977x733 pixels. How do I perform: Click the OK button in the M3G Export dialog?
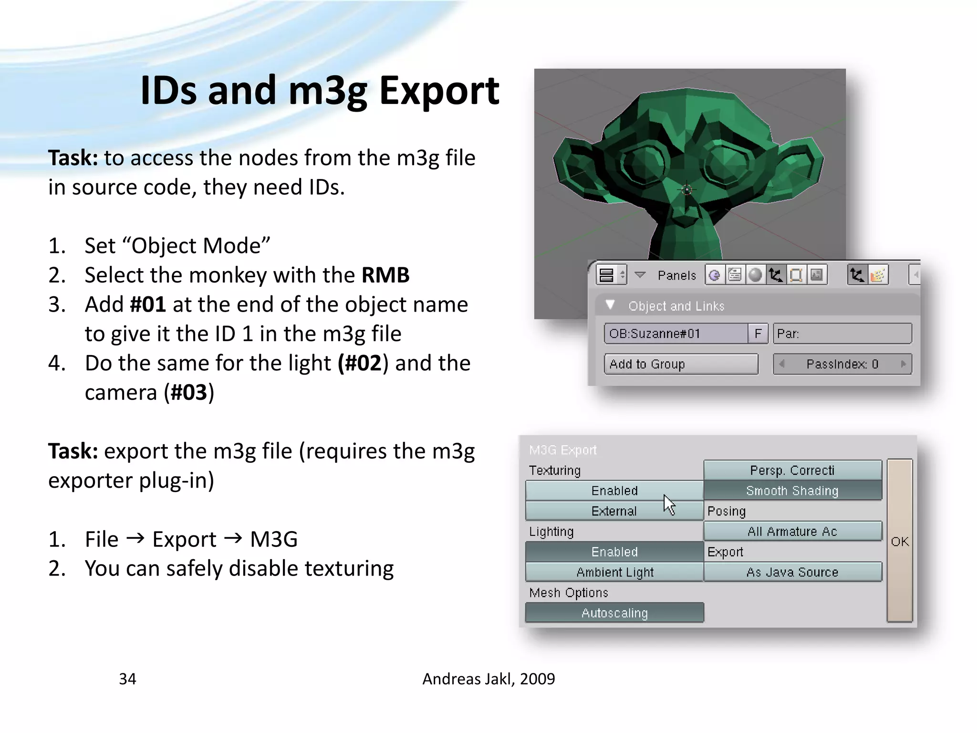click(x=900, y=541)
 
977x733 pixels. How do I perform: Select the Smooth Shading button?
click(x=792, y=491)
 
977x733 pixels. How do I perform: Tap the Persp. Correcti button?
click(x=792, y=470)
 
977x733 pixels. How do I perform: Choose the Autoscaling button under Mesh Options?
click(x=614, y=613)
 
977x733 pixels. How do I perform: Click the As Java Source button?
click(x=792, y=572)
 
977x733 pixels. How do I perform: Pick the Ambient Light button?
click(x=614, y=572)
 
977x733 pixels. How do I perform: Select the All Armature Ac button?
click(x=792, y=531)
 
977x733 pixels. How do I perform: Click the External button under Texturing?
click(x=614, y=511)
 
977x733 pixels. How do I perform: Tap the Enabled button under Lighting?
click(x=614, y=552)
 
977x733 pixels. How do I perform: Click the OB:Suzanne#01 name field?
click(x=676, y=334)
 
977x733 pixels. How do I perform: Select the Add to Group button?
click(x=681, y=364)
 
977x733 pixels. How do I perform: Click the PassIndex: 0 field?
click(x=842, y=364)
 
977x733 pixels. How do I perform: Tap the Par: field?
click(x=842, y=334)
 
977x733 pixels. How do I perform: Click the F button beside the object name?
click(x=758, y=334)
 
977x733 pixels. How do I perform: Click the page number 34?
click(x=127, y=679)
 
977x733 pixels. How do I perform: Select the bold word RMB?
click(x=385, y=275)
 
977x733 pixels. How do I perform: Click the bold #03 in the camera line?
click(x=189, y=393)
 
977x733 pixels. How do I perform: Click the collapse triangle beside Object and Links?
click(x=610, y=305)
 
